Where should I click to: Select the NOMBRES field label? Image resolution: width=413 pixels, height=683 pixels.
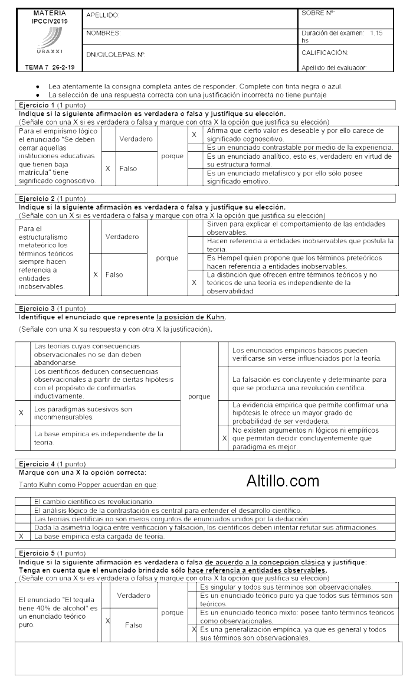tap(103, 33)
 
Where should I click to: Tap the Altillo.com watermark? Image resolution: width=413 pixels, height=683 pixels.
tap(283, 481)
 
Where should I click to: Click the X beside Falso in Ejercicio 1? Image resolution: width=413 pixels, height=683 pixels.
tap(108, 168)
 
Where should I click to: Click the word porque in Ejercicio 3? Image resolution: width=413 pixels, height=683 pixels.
tap(199, 397)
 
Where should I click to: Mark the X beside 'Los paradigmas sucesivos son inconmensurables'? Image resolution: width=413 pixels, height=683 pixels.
tap(21, 413)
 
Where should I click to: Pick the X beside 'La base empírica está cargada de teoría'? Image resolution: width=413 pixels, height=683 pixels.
tap(21, 537)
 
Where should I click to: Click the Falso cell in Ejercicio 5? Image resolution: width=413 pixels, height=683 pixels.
tap(133, 625)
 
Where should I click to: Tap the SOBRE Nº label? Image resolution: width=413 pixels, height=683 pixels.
tap(318, 12)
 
